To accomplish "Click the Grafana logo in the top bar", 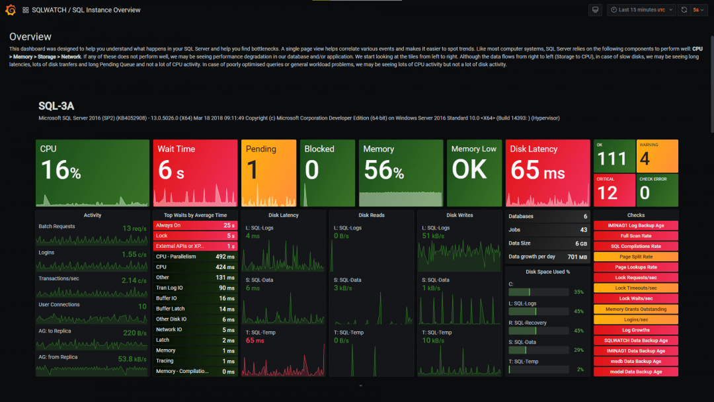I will click(10, 10).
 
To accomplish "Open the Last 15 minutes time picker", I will click(641, 10).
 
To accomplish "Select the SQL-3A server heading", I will click(56, 106).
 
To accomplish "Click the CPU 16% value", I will click(61, 171).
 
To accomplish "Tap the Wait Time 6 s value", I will click(171, 171).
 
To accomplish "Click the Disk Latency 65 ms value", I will click(537, 171).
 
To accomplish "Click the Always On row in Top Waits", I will click(195, 225).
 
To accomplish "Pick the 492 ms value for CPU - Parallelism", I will click(225, 257).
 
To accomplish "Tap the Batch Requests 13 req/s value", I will click(134, 228).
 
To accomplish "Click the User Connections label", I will click(59, 305).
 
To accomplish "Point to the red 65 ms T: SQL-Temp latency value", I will click(255, 341).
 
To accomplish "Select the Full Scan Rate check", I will click(635, 236).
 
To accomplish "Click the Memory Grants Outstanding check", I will click(635, 309).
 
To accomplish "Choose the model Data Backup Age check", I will click(635, 372).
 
